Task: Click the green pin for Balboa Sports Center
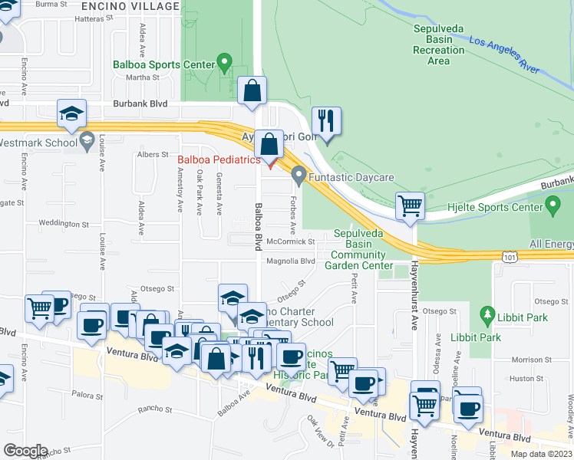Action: click(x=224, y=61)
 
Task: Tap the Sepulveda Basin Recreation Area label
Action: click(x=438, y=44)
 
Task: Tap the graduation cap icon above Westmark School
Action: click(x=71, y=114)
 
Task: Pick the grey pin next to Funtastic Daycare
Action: click(x=299, y=176)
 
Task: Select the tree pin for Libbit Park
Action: click(x=485, y=314)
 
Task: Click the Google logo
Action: click(x=25, y=451)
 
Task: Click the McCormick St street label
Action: click(x=291, y=242)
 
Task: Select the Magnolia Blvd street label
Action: click(x=291, y=261)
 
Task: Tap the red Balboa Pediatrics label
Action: click(x=219, y=160)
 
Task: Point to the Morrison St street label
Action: click(x=526, y=360)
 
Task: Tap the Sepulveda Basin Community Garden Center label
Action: click(x=364, y=250)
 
